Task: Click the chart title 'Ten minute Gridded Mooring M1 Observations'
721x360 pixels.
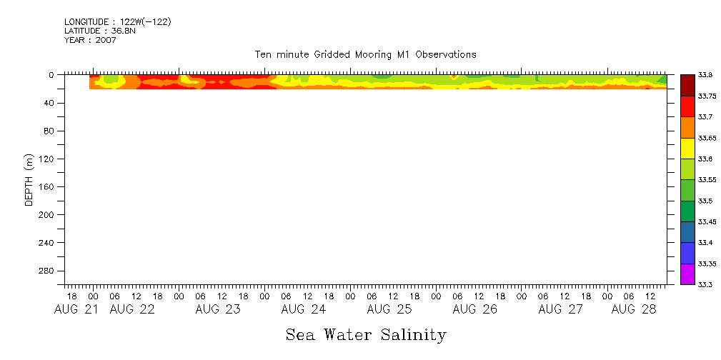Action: (x=365, y=54)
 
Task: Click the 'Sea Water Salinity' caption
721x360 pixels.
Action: (x=366, y=334)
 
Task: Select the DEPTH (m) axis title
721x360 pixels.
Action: (x=29, y=179)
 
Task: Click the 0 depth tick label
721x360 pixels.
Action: (x=51, y=75)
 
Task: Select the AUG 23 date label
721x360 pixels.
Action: (x=219, y=309)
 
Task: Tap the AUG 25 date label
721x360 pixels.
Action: (x=390, y=309)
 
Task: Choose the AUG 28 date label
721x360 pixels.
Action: (x=632, y=309)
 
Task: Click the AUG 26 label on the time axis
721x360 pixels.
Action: (x=475, y=309)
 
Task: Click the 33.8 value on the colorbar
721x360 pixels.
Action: (x=706, y=75)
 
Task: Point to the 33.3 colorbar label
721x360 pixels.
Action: (x=706, y=285)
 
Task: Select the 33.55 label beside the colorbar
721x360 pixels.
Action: (x=706, y=180)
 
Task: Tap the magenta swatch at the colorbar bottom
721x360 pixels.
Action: (x=687, y=274)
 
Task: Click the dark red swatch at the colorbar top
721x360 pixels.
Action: (x=687, y=85)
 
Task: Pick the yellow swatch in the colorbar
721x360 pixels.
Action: (x=687, y=148)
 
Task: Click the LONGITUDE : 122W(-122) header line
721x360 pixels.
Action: (x=118, y=22)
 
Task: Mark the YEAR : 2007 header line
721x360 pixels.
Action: (x=90, y=40)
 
